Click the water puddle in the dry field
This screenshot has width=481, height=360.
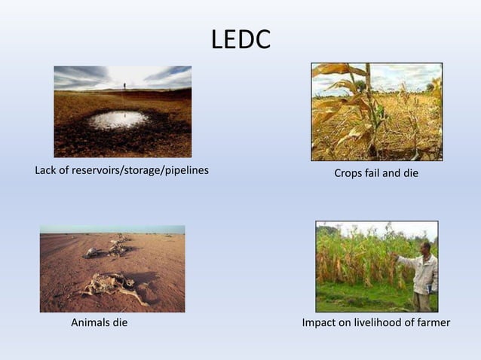pos(118,120)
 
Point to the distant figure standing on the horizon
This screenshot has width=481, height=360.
pos(124,86)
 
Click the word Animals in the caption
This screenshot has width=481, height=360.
pos(90,323)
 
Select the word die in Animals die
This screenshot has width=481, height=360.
pos(119,323)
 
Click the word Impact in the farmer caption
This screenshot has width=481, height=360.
pos(320,323)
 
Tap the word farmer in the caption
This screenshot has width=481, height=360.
pos(432,323)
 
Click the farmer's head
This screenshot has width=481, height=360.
pos(425,248)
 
